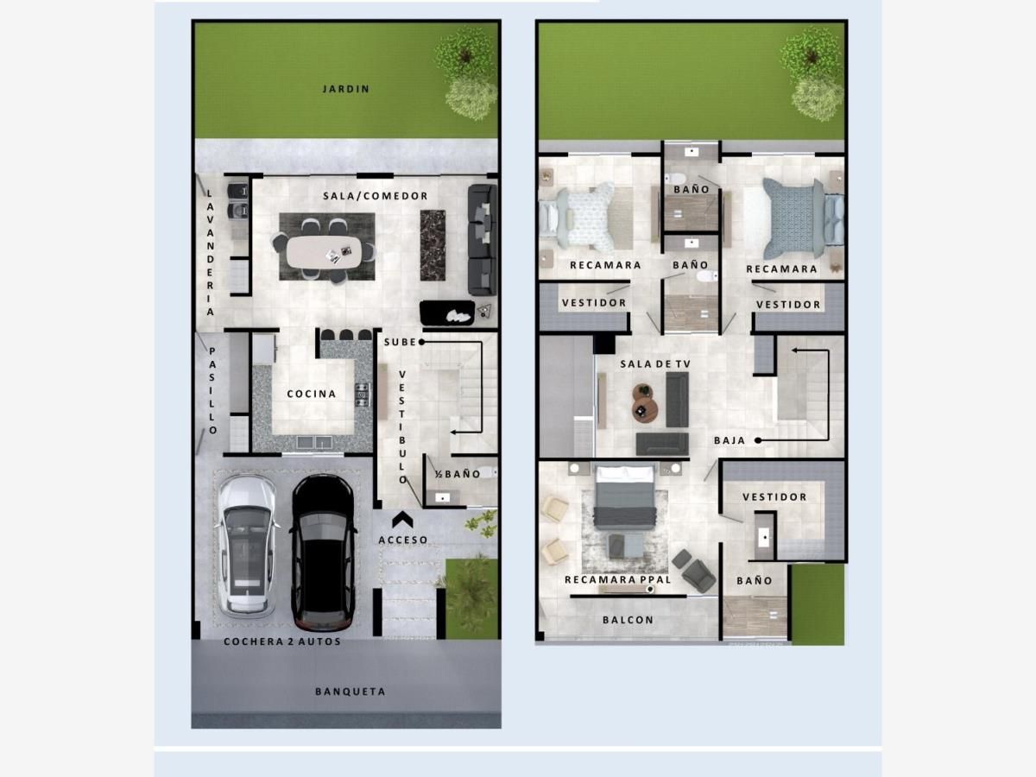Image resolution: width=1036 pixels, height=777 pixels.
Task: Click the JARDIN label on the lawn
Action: [x=346, y=89]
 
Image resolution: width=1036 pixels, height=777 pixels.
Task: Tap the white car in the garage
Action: [x=246, y=546]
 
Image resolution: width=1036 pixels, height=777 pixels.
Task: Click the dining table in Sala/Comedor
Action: [x=324, y=251]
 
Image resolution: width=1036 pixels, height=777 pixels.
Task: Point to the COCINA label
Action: [x=312, y=394]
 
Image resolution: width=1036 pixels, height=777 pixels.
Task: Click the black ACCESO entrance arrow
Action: [x=402, y=520]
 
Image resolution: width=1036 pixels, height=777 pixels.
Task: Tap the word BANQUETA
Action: [x=351, y=692]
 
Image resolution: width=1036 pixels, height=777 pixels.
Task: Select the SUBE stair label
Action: [x=400, y=342]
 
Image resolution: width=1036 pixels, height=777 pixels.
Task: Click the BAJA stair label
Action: [x=730, y=440]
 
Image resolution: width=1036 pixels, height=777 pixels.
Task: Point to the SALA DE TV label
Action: [x=655, y=363]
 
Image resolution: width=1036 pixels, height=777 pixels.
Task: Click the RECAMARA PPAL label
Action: [x=618, y=579]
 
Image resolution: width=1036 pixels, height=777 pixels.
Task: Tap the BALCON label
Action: [x=629, y=619]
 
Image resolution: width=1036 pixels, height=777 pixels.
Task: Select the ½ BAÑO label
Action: [x=458, y=474]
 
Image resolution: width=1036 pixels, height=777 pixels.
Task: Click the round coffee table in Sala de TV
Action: [x=644, y=409]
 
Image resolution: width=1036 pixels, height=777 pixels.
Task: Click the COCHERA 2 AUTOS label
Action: [x=282, y=641]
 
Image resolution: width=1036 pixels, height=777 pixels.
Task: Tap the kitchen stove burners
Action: [x=363, y=395]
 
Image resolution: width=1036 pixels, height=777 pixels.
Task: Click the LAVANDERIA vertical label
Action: [x=210, y=252]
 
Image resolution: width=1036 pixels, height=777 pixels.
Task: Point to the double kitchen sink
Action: [x=314, y=442]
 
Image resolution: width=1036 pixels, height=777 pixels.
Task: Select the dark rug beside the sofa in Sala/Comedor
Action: [x=433, y=245]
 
